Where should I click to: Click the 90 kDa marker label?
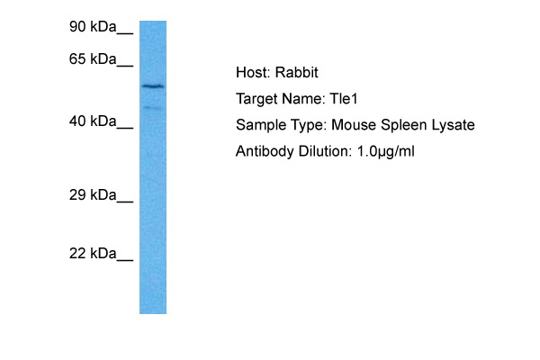coord(94,28)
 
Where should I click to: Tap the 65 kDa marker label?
coord(94,59)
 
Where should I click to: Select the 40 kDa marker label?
coord(94,121)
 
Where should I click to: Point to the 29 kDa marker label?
coord(94,194)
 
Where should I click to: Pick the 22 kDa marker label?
coord(94,254)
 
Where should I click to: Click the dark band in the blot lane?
coord(153,86)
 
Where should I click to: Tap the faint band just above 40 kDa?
coord(153,108)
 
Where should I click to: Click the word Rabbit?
coord(295,73)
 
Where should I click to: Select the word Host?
coord(251,73)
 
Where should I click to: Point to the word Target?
coord(256,99)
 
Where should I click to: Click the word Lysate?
coord(452,125)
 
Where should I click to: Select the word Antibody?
coord(264,151)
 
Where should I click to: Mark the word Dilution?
coord(321,151)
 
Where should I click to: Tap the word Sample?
coord(259,125)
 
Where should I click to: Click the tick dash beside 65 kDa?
coord(125,64)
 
